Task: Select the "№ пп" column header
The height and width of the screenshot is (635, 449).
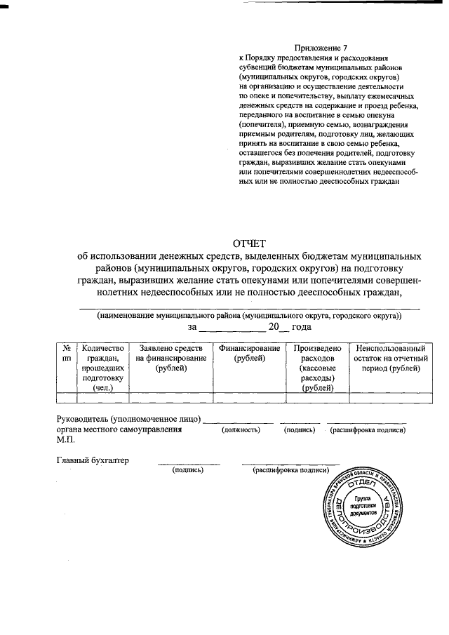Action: [66, 353]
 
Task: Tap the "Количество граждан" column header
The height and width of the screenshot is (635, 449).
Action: [102, 367]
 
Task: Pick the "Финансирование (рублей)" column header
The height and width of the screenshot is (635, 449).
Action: [249, 353]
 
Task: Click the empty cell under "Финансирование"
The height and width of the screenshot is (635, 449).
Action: [249, 397]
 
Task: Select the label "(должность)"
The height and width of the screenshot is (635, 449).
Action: [241, 429]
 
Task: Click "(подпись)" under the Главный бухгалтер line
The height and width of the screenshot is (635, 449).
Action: [188, 470]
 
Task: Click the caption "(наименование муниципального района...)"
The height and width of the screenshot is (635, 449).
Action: [250, 316]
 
